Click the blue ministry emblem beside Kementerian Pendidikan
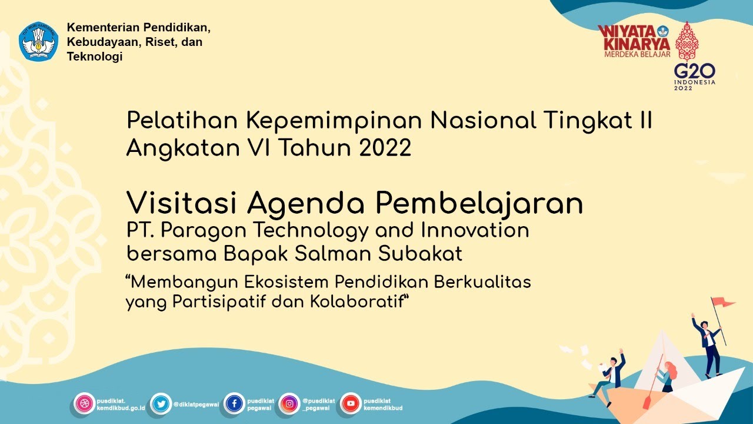[38, 42]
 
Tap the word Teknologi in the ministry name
[95, 57]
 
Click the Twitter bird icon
[160, 404]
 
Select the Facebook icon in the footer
[234, 404]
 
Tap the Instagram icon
[289, 404]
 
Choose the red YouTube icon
[351, 404]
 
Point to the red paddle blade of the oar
[647, 403]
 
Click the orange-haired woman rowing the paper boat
[667, 376]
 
